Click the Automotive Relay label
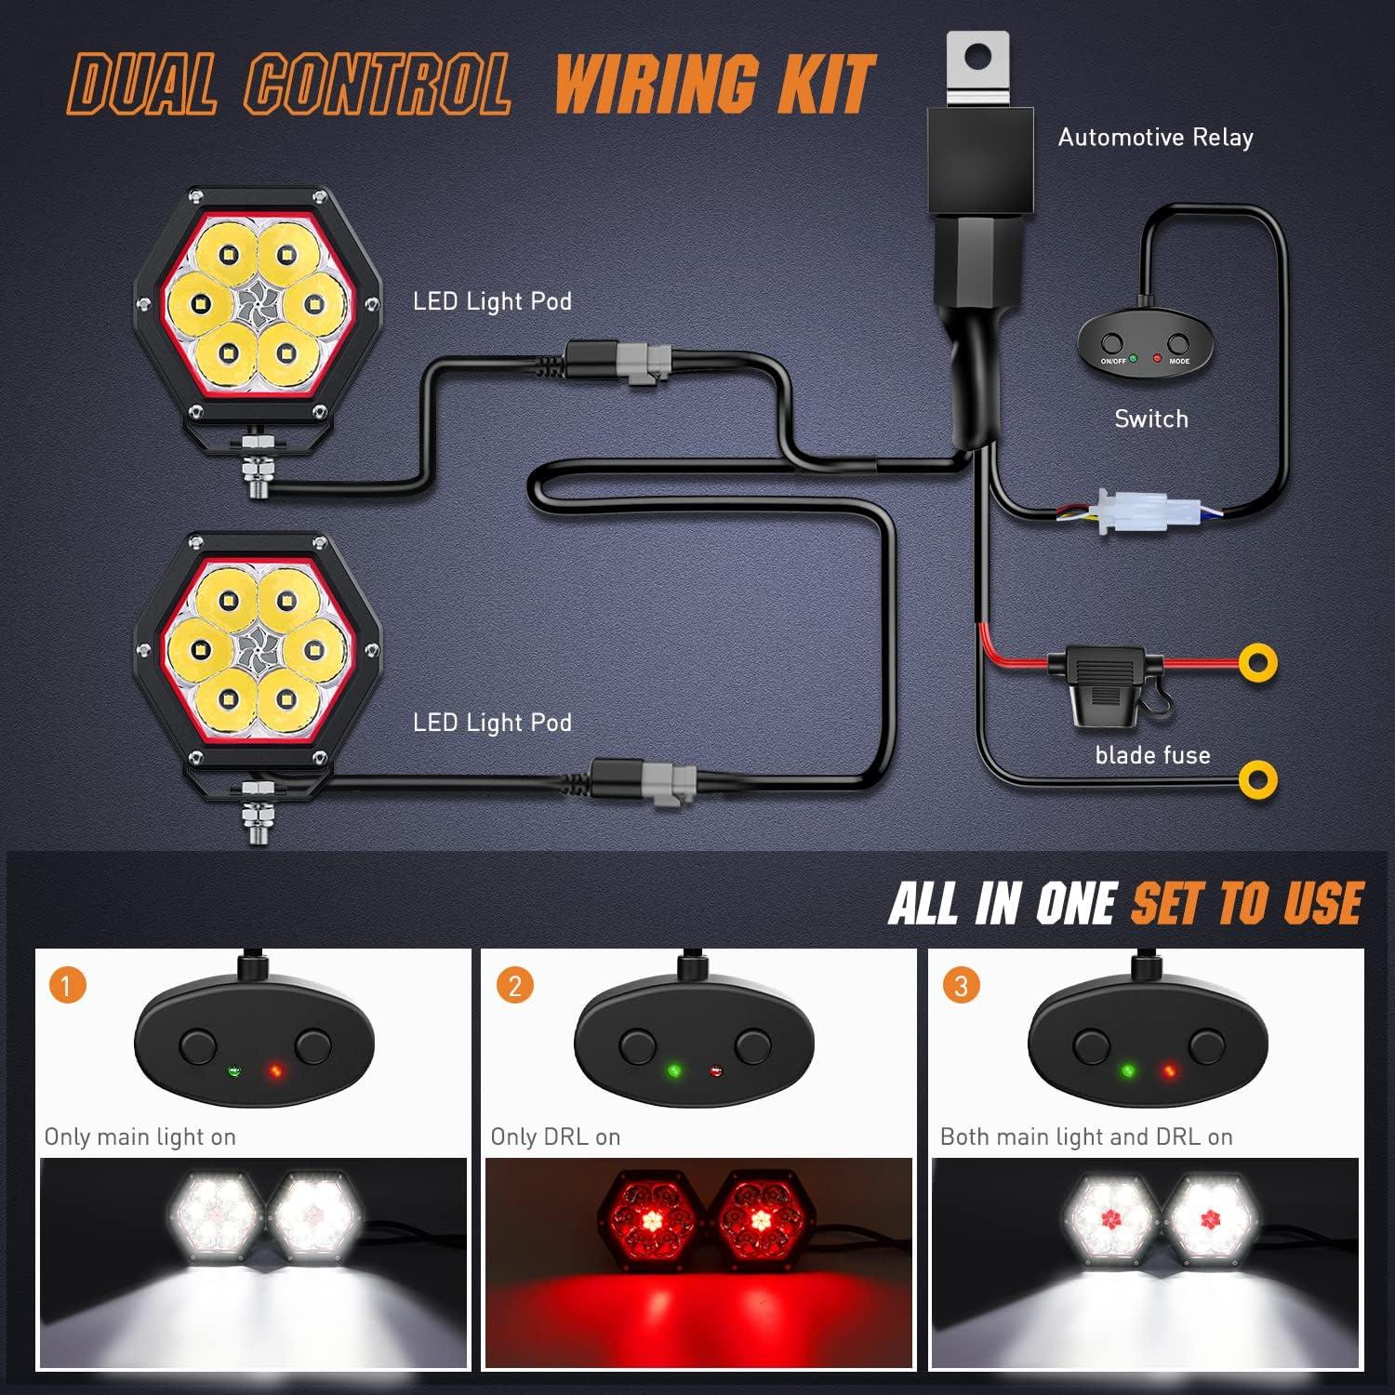(x=1155, y=138)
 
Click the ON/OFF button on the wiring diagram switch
(x=1109, y=343)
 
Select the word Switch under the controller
(x=1151, y=419)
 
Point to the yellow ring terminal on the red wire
(x=1257, y=662)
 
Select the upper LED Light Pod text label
(x=492, y=301)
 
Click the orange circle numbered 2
(x=514, y=985)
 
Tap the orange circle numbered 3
(x=961, y=985)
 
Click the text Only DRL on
(x=555, y=1136)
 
